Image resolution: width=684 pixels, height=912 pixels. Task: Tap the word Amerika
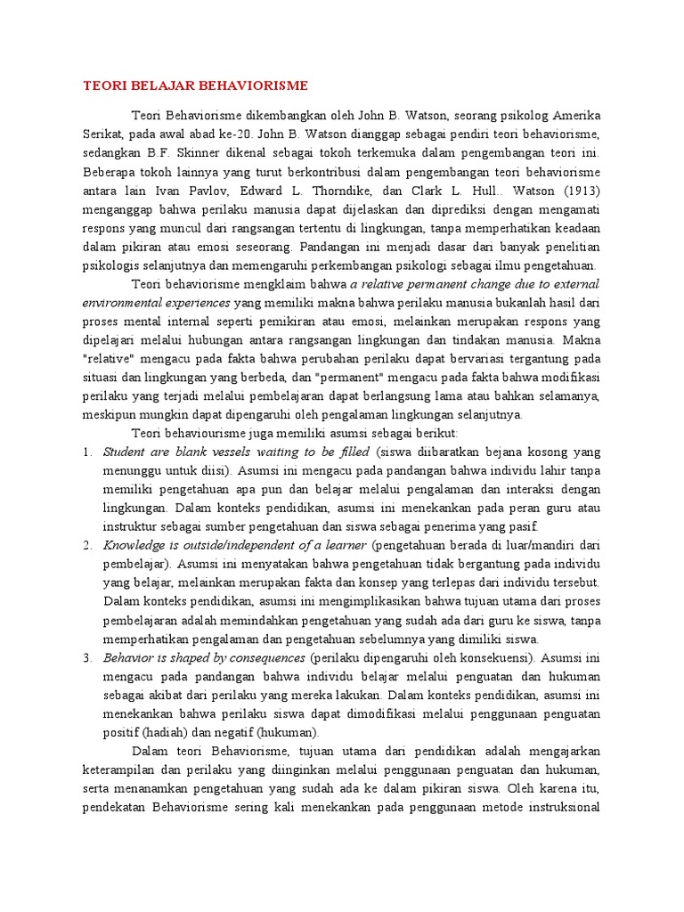coord(576,116)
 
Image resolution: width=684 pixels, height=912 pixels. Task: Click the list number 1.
coord(87,452)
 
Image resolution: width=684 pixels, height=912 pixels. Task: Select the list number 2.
coord(87,543)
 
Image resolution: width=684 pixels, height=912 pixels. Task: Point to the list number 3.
coord(87,658)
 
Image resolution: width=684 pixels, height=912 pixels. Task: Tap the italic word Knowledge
coord(134,543)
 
